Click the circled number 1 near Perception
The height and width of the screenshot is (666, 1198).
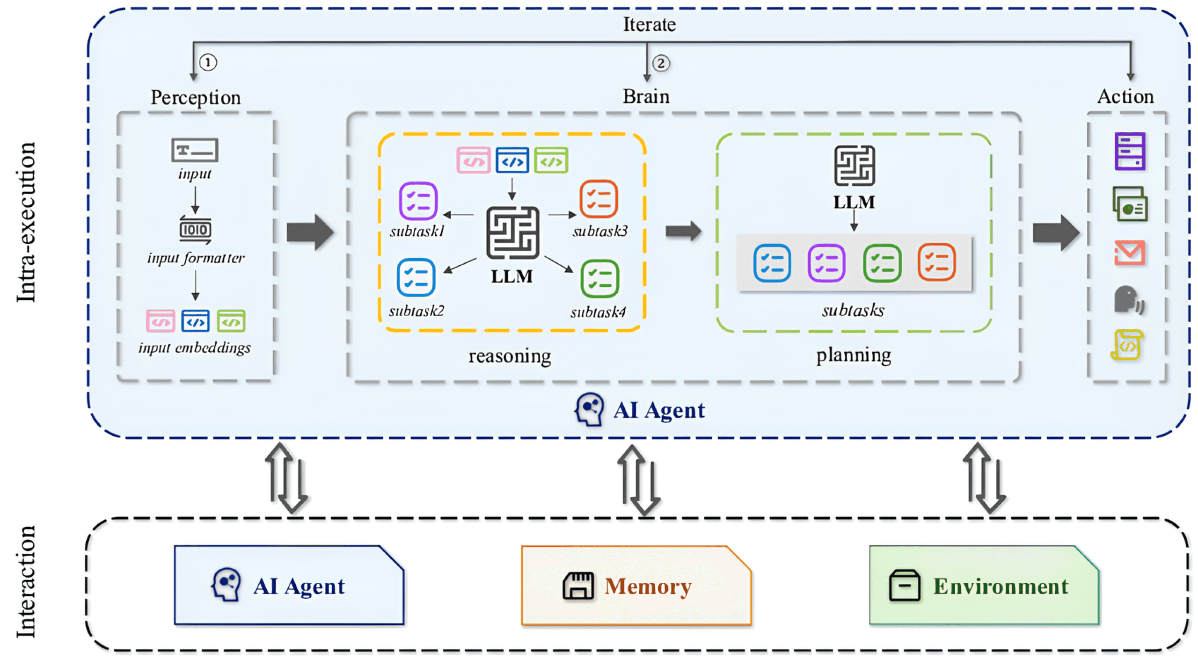point(208,62)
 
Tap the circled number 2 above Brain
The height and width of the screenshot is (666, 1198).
point(660,63)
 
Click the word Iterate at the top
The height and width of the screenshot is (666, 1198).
point(649,24)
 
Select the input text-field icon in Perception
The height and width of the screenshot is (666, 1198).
point(194,150)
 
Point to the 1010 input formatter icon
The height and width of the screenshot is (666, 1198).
point(195,229)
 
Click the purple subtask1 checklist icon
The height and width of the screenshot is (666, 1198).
point(418,201)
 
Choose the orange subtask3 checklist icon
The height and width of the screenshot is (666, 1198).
point(598,199)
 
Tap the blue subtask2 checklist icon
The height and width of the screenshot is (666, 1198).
point(416,277)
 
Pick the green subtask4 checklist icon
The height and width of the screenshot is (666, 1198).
point(599,279)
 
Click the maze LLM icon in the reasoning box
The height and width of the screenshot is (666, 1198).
point(512,232)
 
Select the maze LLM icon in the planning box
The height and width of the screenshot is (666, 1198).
point(854,166)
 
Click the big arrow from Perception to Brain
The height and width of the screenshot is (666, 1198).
point(310,232)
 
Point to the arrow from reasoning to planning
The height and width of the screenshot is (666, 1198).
point(683,231)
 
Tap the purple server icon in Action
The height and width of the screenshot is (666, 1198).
point(1129,151)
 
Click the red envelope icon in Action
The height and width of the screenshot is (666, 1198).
point(1129,253)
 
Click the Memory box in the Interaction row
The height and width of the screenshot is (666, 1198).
point(636,585)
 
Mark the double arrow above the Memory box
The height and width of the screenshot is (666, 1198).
point(639,480)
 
